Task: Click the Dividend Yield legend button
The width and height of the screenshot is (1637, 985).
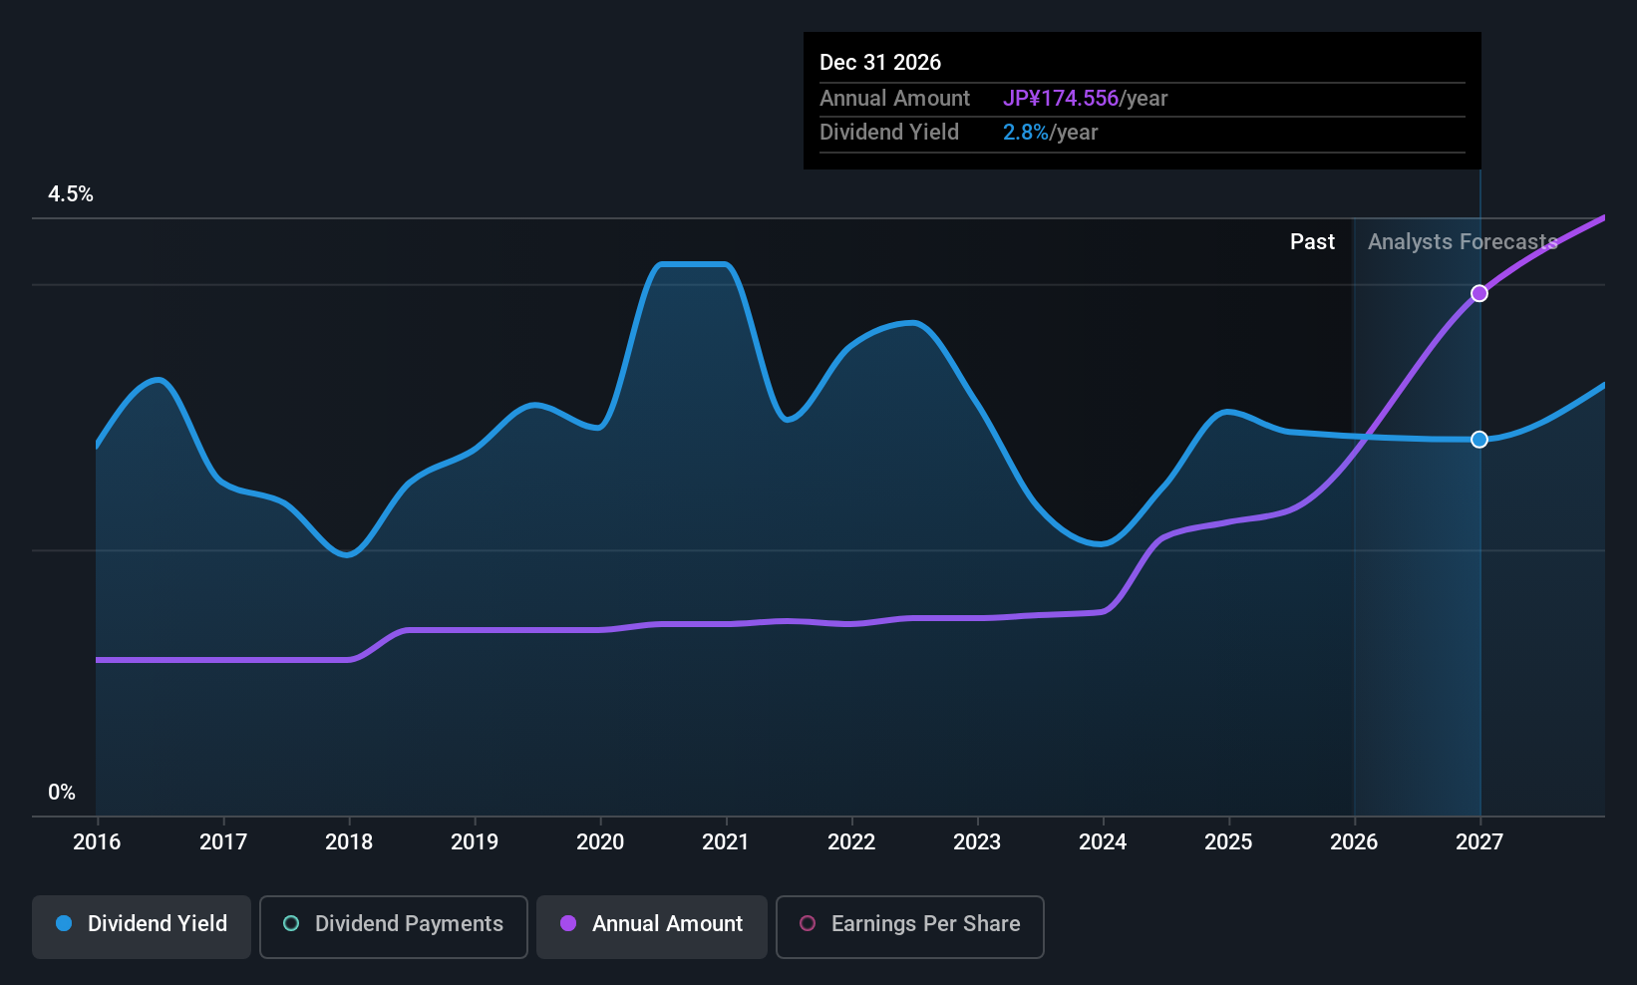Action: coord(141,926)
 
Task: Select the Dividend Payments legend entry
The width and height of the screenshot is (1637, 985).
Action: coord(393,926)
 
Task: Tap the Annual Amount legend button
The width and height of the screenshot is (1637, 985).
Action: coord(652,926)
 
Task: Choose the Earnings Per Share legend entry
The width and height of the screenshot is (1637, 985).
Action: coord(910,926)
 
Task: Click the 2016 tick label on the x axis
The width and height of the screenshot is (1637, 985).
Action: coord(97,841)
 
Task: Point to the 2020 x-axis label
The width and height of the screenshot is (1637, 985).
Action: coord(600,841)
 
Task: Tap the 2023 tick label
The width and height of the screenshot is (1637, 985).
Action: coord(977,841)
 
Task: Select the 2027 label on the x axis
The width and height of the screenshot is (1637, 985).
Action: coord(1479,841)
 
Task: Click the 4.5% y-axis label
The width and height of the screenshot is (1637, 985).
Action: coord(71,194)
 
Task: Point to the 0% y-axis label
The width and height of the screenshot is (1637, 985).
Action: coord(62,793)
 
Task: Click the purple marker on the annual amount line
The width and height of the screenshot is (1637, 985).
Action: coord(1479,293)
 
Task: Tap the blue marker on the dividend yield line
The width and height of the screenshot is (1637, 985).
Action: coord(1479,439)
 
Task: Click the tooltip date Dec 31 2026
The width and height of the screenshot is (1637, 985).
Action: coord(880,62)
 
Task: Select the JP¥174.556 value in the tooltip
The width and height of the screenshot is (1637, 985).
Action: coord(1061,98)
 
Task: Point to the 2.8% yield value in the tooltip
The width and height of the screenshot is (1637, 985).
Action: coord(1025,133)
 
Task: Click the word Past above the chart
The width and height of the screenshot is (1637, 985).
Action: coord(1313,242)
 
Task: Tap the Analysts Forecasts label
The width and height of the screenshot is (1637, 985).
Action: coord(1464,242)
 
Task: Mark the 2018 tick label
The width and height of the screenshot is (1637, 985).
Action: coord(349,841)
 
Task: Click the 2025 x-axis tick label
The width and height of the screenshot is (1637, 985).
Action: coord(1228,841)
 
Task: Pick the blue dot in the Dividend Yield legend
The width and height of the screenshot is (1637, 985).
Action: coord(65,923)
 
